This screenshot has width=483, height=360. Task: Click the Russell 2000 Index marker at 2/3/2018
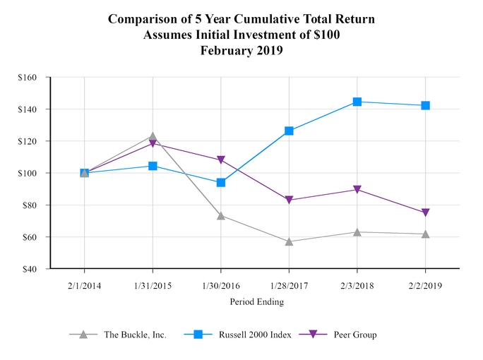[357, 102]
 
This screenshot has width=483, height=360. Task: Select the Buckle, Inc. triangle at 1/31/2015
[153, 136]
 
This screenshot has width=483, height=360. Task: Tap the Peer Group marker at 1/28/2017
[289, 200]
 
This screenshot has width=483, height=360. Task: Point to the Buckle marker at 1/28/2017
[289, 241]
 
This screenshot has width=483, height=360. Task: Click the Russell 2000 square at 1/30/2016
[221, 182]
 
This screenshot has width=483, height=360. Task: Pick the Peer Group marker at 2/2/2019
[425, 212]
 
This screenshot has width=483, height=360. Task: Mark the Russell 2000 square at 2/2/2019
[425, 105]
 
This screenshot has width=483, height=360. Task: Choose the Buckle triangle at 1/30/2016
[221, 215]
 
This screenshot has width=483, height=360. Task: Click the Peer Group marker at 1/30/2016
[221, 160]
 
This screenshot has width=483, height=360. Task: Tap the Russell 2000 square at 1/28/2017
[289, 131]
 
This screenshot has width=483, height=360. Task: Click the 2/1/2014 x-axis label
[85, 285]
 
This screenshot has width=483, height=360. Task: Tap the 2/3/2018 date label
[357, 285]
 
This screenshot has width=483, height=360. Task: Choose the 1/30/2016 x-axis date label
[221, 285]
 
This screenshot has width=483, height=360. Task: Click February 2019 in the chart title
[241, 50]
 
